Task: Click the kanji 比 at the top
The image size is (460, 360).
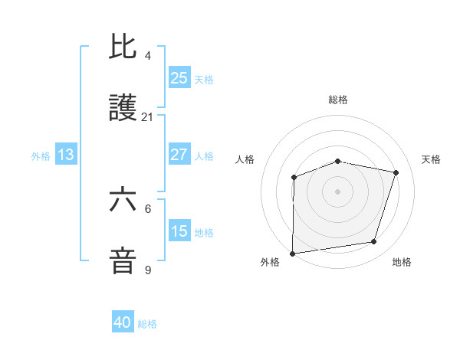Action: [x=123, y=47]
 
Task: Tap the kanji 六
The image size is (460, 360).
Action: [x=123, y=200]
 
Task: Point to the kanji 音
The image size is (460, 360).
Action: [x=123, y=261]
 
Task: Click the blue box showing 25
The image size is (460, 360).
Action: [x=179, y=77]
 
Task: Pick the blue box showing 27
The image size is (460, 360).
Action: [x=179, y=154]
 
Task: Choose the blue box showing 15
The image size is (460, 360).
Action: [x=179, y=231]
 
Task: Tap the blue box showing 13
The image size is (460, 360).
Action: [x=66, y=155]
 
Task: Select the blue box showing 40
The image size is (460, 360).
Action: [x=123, y=322]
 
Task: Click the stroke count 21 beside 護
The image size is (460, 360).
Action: [x=148, y=117]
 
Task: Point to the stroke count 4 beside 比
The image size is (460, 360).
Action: [x=147, y=56]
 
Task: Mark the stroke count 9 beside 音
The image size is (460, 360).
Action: [x=147, y=270]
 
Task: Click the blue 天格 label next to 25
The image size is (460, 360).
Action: [x=204, y=79]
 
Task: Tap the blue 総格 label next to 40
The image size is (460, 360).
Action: [x=147, y=324]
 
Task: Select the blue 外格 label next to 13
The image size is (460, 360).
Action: [x=41, y=156]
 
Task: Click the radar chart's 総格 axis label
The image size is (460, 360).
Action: [x=338, y=100]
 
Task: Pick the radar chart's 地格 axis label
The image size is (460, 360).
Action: [x=402, y=262]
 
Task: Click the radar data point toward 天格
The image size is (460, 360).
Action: [x=396, y=172]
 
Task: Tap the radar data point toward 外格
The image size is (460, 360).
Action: [x=292, y=254]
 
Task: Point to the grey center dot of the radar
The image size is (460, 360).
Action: [x=338, y=191]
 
